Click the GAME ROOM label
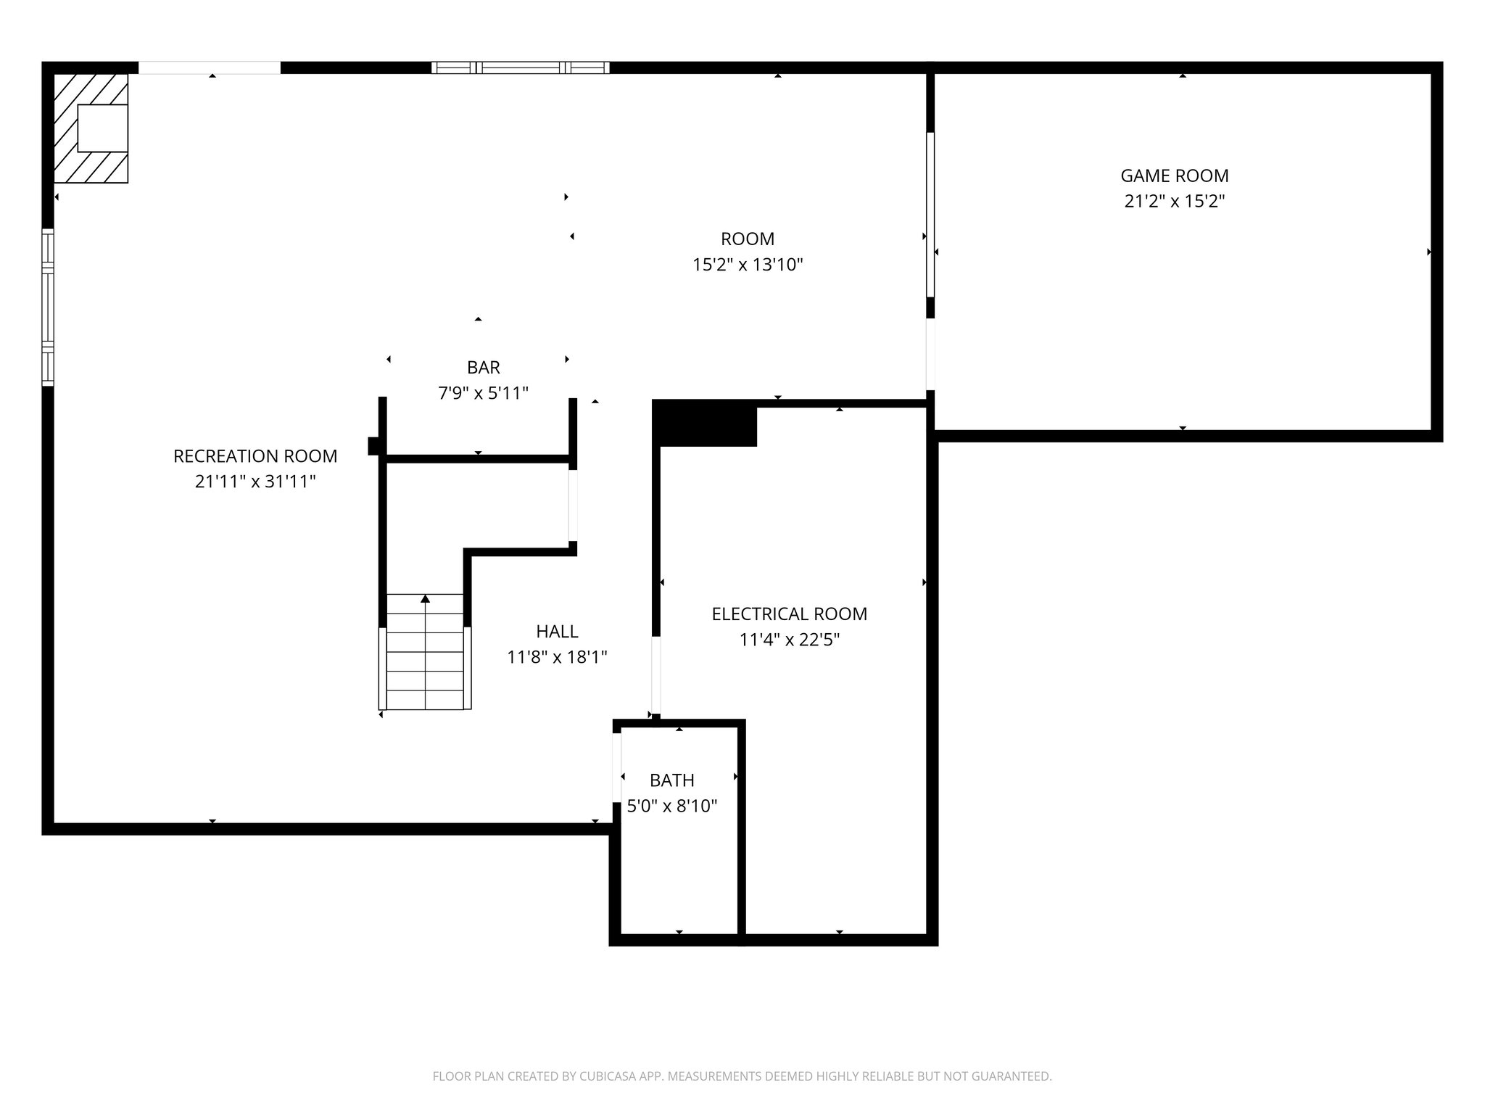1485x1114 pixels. coord(1174,176)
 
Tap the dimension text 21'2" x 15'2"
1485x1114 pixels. coord(1174,202)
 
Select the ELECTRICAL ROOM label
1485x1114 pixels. coord(789,614)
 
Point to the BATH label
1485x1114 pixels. coord(671,780)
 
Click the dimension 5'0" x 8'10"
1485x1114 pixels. coord(671,806)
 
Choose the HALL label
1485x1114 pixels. coord(557,631)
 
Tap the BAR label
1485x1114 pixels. coord(483,367)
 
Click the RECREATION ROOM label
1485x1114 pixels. coord(255,456)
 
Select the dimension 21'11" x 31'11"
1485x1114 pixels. coord(255,482)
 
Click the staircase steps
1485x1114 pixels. coord(425,660)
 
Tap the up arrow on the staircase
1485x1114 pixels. coord(425,599)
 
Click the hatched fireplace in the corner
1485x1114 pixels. coord(91,128)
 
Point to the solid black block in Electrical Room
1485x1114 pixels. coord(705,425)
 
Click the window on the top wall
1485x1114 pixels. coord(520,68)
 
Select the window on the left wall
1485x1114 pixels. coord(48,307)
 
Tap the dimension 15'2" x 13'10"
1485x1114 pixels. coord(748,265)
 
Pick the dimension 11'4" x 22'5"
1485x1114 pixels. coord(789,640)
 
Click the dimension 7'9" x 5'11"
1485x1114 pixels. coord(483,393)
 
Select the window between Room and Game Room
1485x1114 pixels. coord(930,215)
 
